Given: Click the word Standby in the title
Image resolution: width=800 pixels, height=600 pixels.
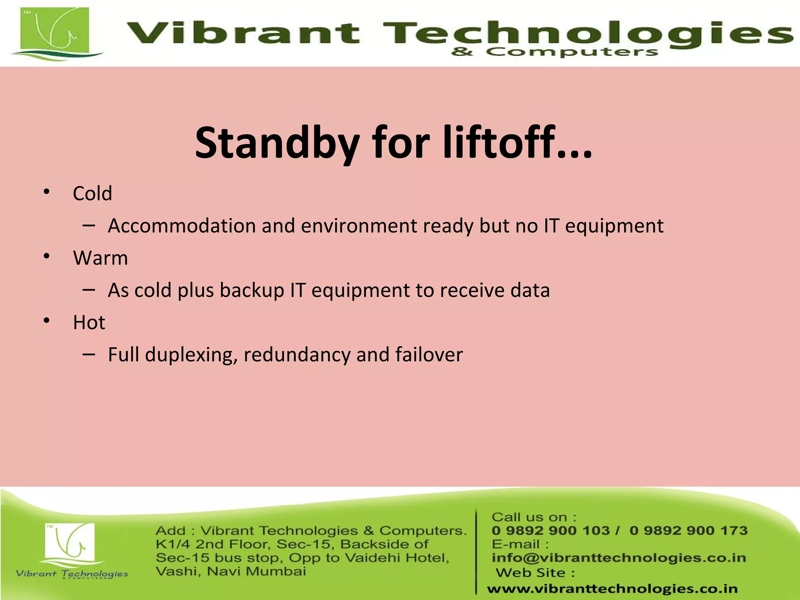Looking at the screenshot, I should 277,143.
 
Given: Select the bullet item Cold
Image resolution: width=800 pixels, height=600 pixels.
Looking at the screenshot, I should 93,193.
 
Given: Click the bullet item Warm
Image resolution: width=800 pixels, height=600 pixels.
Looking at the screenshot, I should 100,258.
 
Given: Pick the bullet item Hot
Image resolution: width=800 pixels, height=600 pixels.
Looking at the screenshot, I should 89,323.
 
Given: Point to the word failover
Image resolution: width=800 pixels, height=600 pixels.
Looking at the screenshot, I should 429,355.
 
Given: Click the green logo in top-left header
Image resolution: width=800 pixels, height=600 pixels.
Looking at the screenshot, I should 55,33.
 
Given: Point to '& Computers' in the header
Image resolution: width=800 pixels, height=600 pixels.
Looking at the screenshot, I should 554,52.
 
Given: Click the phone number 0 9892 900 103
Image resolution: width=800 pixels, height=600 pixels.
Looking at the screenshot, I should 550,530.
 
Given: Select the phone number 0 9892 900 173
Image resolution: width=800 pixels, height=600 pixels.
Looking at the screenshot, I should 688,530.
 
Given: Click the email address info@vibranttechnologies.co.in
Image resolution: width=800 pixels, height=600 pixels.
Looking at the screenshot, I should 619,558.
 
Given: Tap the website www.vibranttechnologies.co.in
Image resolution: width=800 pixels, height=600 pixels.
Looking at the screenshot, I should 612,589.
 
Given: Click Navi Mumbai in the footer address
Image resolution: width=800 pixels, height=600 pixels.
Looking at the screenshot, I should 256,571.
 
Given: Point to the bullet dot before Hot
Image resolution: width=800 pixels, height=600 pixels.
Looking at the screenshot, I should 46,321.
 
